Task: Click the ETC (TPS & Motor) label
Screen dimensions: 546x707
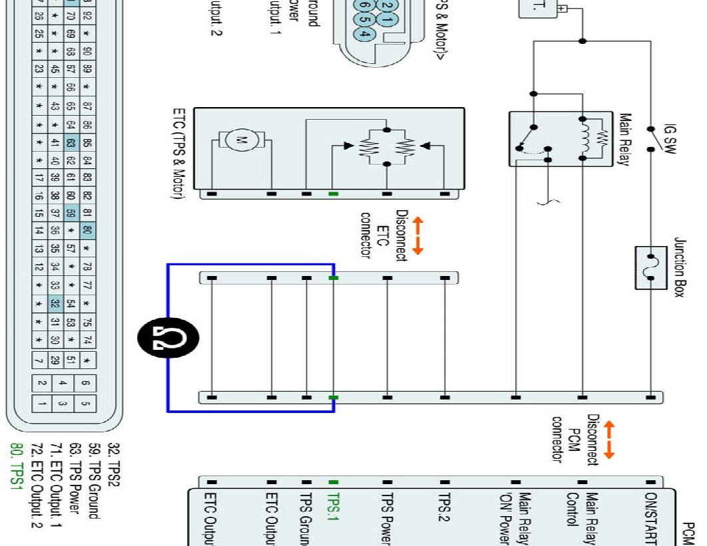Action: [x=179, y=153]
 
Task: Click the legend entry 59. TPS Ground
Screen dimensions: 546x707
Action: [x=95, y=473]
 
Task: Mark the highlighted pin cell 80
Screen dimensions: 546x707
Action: [x=87, y=231]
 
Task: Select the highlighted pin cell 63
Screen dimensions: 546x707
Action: [x=71, y=142]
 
